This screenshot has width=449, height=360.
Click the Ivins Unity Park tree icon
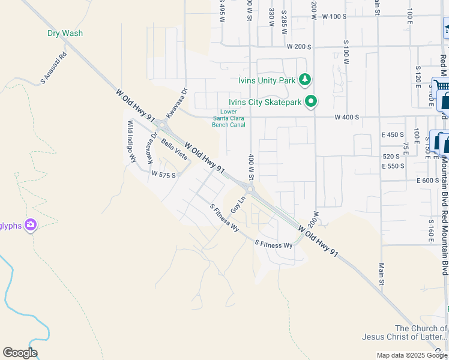305,79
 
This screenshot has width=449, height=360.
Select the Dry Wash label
65,34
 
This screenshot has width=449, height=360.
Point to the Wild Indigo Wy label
130,142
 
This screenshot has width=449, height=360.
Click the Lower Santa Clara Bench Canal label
229,118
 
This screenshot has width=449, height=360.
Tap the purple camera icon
30,226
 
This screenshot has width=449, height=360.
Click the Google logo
20,353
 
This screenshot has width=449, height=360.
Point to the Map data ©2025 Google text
412,355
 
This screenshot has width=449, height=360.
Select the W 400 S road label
346,118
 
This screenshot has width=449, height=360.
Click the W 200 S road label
298,46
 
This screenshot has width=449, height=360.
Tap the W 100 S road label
334,17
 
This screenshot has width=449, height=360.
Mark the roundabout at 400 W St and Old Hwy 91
250,190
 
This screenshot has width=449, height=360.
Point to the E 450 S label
393,134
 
